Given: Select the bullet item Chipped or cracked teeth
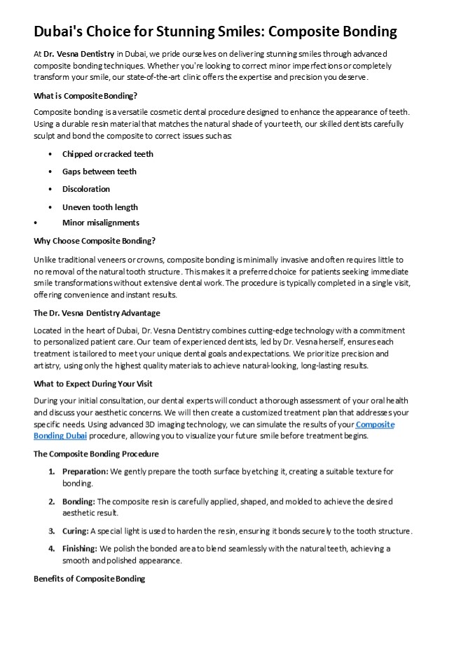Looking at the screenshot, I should [107, 154].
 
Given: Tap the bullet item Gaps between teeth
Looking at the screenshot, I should [99, 171].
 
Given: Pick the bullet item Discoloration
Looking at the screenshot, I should [85, 189].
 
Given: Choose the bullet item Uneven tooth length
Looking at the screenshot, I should [99, 207].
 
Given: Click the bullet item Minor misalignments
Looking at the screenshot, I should [100, 223].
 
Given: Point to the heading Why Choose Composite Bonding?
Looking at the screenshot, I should [95, 241].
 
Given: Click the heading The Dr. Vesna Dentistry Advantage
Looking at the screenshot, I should [97, 313].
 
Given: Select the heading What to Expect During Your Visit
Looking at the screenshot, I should [93, 384].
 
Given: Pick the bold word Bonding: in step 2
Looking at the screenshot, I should [78, 501].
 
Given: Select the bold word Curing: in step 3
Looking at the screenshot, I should [75, 531].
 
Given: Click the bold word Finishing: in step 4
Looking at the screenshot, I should [80, 549].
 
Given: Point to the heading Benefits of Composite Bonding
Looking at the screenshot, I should [89, 579].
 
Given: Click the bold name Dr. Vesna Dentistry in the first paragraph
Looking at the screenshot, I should [79, 54].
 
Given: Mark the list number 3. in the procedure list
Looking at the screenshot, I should [52, 531].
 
